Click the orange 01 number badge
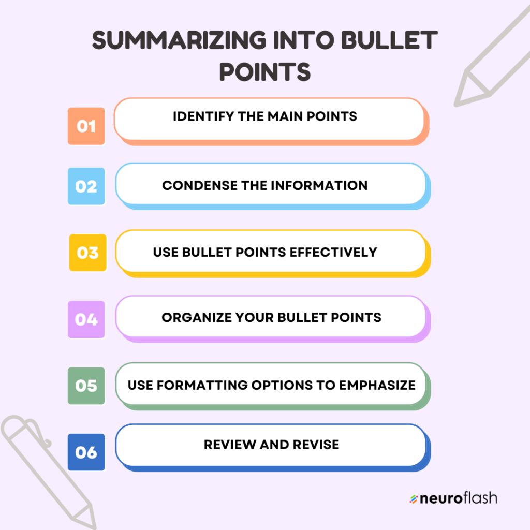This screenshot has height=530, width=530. pyautogui.click(x=86, y=126)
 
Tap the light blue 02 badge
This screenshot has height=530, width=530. pyautogui.click(x=86, y=186)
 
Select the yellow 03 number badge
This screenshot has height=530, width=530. pyautogui.click(x=87, y=253)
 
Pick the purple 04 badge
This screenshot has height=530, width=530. pyautogui.click(x=86, y=319)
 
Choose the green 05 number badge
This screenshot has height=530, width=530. pyautogui.click(x=86, y=386)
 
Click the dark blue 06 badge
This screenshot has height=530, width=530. pyautogui.click(x=86, y=452)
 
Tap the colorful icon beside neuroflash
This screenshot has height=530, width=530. pyautogui.click(x=413, y=499)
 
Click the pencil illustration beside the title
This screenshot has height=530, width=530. pyautogui.click(x=492, y=57)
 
